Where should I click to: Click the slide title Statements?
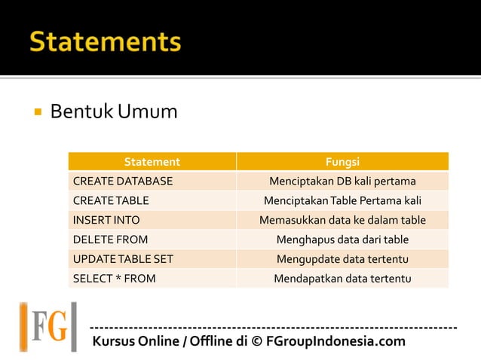tap(106, 41)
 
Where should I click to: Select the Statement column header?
tap(152, 162)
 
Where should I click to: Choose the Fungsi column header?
tap(342, 162)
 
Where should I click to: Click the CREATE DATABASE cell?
tap(123, 182)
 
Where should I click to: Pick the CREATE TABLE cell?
tap(111, 201)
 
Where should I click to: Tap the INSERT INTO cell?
tap(106, 221)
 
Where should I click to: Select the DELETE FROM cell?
tap(110, 240)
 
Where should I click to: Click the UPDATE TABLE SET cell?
tap(123, 259)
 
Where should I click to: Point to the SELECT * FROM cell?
tap(114, 279)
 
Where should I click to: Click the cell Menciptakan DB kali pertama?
tap(342, 182)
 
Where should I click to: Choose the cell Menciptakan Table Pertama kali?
tap(342, 201)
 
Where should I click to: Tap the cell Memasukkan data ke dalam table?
tap(342, 221)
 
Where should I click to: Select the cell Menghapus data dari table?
tap(342, 240)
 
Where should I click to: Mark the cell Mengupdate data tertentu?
tap(342, 259)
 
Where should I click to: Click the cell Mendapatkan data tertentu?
tap(342, 279)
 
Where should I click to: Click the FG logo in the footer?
tap(48, 327)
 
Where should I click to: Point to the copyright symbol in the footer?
tap(256, 342)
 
